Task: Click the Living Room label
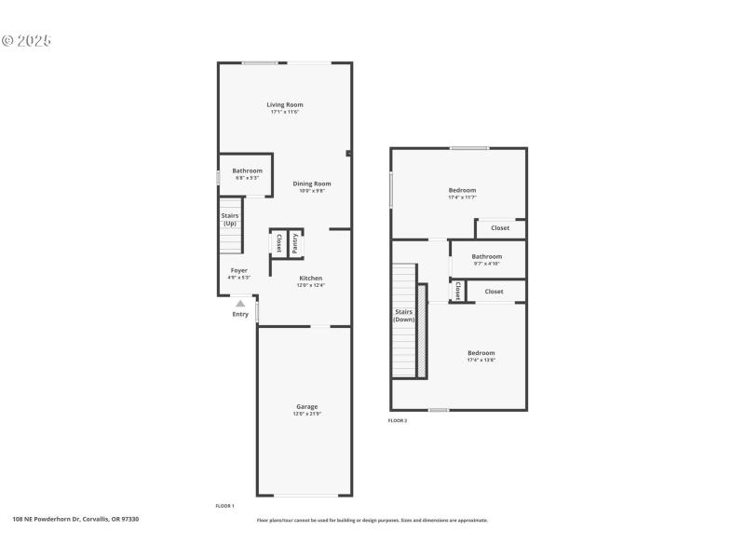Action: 285,105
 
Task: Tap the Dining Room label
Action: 312,184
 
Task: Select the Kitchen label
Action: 310,279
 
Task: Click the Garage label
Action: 307,406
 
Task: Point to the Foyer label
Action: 239,271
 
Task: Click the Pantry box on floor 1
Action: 295,243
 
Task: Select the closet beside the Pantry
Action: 278,243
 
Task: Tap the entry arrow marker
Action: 240,303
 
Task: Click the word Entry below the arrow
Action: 240,314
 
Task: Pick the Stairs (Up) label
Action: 229,220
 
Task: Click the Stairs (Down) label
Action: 403,316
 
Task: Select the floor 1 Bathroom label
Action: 247,170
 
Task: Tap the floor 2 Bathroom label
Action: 486,256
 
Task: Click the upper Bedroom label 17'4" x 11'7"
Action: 462,190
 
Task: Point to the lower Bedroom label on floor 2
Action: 481,353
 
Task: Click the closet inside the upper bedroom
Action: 500,228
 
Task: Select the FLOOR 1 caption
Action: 224,505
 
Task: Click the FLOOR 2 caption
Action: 398,421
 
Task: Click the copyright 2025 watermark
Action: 26,41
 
